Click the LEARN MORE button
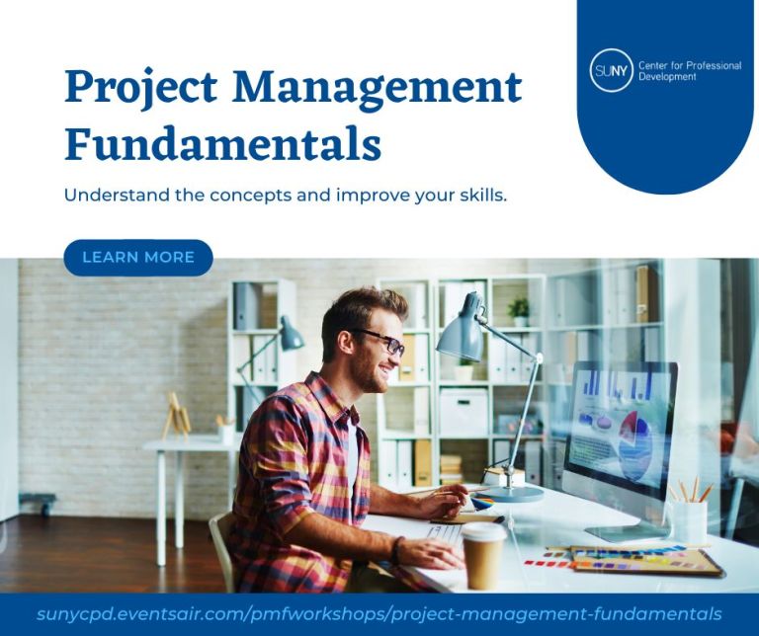pyautogui.click(x=138, y=258)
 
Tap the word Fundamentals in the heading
pyautogui.click(x=222, y=144)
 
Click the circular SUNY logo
pyautogui.click(x=611, y=71)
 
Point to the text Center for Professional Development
pyautogui.click(x=689, y=71)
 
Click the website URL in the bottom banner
pyautogui.click(x=379, y=613)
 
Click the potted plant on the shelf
pyautogui.click(x=519, y=310)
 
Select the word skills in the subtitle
pyautogui.click(x=480, y=195)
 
